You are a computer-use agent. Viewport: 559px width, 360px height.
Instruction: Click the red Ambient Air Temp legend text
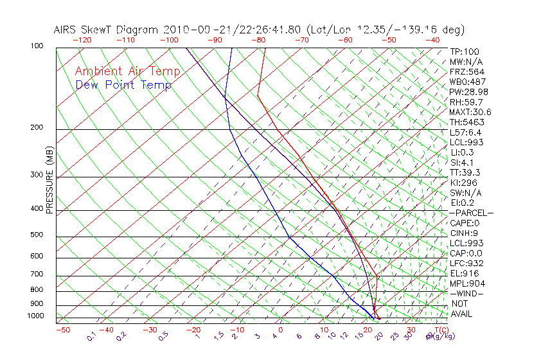(x=127, y=71)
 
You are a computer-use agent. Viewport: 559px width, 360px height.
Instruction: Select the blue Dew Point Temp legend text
(x=123, y=85)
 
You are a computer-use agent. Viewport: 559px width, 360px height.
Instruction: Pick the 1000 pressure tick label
(x=36, y=316)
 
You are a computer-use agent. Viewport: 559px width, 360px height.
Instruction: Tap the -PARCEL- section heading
(x=471, y=213)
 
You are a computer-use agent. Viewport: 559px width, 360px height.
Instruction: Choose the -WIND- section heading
(x=467, y=293)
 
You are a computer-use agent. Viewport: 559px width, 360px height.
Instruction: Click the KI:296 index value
(x=463, y=183)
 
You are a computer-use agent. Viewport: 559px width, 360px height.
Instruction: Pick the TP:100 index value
(x=465, y=51)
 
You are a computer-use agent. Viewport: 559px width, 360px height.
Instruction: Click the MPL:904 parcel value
(x=466, y=283)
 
